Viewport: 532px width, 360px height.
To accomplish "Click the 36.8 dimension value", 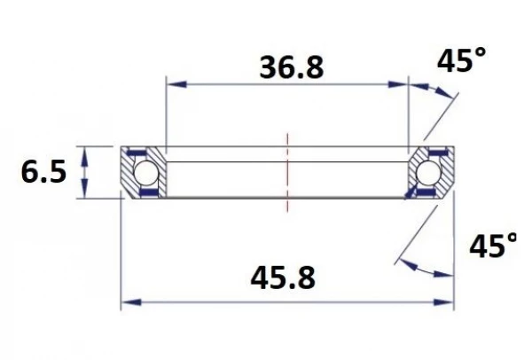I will tap(290, 67).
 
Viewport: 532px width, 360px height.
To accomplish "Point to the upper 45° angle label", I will tap(461, 62).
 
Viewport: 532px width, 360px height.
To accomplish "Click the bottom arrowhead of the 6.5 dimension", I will tap(85, 192).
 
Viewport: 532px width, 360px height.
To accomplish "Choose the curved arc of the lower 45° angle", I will tap(424, 270).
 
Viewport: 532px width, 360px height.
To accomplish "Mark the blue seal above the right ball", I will tap(434, 153).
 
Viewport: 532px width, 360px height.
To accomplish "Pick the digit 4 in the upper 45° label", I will tap(446, 63).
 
